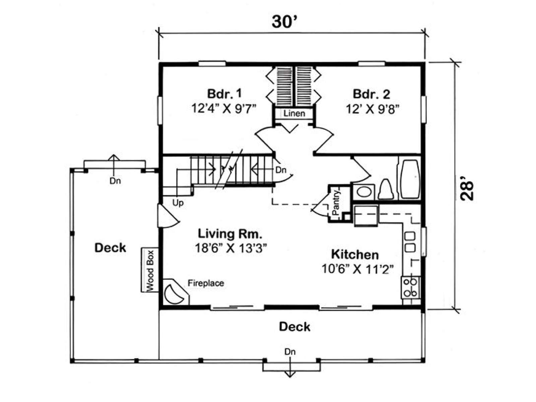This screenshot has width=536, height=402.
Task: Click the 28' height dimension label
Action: pyautogui.click(x=467, y=191)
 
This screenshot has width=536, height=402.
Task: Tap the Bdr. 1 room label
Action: pyautogui.click(x=224, y=93)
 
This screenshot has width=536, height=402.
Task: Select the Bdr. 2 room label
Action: pyautogui.click(x=371, y=94)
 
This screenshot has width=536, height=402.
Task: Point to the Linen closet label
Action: pyautogui.click(x=294, y=113)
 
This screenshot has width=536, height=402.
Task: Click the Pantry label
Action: pyautogui.click(x=336, y=203)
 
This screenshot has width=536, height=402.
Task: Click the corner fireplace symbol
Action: pyautogui.click(x=176, y=292)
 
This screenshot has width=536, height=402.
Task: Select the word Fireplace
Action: pyautogui.click(x=206, y=283)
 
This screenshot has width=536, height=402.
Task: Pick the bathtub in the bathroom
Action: pyautogui.click(x=409, y=180)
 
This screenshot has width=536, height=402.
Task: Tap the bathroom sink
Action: pyautogui.click(x=364, y=192)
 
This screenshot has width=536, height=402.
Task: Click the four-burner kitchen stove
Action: pyautogui.click(x=410, y=287)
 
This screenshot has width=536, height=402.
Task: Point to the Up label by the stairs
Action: pyautogui.click(x=178, y=203)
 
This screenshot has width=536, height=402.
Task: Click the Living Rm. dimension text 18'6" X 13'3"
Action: pyautogui.click(x=230, y=248)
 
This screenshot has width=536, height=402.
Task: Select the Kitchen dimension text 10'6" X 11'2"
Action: pyautogui.click(x=358, y=269)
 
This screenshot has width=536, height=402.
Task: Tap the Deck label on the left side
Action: pyautogui.click(x=110, y=248)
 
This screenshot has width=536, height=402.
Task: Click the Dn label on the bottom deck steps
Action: pyautogui.click(x=290, y=352)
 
